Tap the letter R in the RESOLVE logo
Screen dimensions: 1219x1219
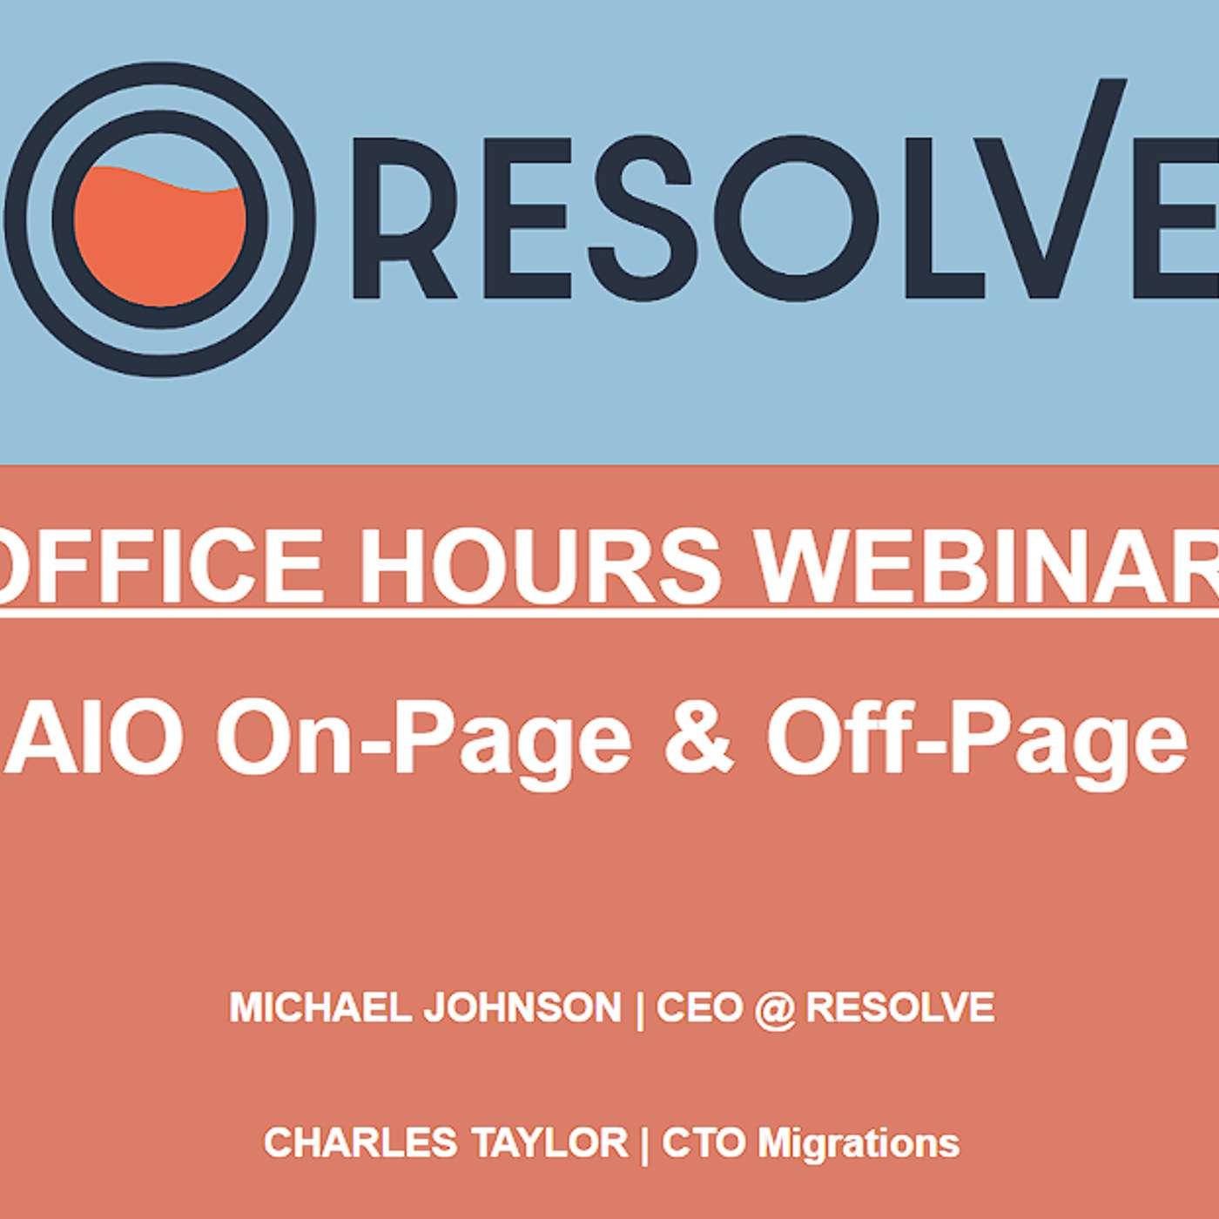(x=405, y=219)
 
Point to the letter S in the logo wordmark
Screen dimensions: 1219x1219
(x=640, y=219)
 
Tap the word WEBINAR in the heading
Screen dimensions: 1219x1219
(x=987, y=559)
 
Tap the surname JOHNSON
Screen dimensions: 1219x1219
(x=522, y=1007)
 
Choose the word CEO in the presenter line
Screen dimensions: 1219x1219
(x=698, y=1007)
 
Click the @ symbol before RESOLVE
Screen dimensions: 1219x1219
(x=774, y=1009)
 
